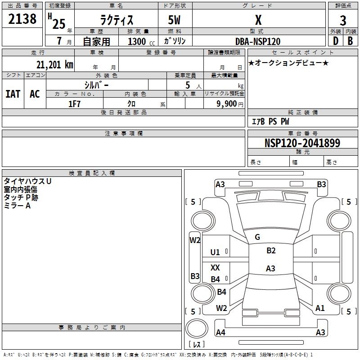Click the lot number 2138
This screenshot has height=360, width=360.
22,19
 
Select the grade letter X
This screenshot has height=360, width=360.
258,20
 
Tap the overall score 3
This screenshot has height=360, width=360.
343,21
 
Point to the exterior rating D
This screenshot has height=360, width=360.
336,41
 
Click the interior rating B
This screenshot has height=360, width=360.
350,41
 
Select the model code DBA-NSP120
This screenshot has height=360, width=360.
258,41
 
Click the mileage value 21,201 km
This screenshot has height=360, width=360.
54,65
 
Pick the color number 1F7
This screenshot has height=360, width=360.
74,104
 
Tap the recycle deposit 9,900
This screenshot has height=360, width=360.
226,104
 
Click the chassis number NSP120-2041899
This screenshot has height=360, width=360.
302,143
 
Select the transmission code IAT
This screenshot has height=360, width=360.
13,94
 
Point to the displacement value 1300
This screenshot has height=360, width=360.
137,41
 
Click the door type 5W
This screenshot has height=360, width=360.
174,20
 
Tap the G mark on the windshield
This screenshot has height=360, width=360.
257,237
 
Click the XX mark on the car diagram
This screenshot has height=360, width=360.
215,267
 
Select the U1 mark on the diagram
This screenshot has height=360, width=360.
215,252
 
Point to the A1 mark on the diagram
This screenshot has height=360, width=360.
320,308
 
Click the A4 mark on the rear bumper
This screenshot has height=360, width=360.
220,332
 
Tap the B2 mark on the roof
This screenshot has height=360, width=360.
271,251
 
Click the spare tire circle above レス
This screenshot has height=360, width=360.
197,329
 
